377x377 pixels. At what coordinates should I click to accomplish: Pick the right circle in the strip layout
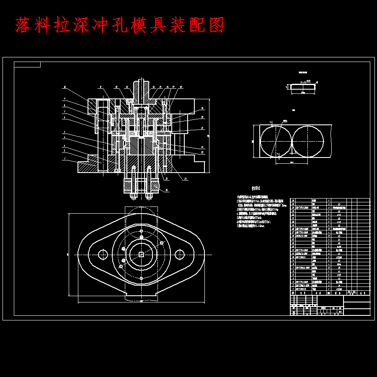[308, 141]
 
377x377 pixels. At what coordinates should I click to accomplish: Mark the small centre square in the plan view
[142, 254]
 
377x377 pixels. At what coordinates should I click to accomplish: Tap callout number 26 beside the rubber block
[167, 190]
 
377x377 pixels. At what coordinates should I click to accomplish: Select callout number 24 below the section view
[184, 179]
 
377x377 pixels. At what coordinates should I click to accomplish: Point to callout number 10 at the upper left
[65, 87]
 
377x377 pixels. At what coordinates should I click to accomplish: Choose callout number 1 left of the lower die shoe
[64, 160]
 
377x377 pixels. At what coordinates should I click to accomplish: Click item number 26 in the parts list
[293, 201]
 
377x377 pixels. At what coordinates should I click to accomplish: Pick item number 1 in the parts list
[293, 289]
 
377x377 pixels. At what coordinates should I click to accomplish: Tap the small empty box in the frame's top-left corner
[27, 65]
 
